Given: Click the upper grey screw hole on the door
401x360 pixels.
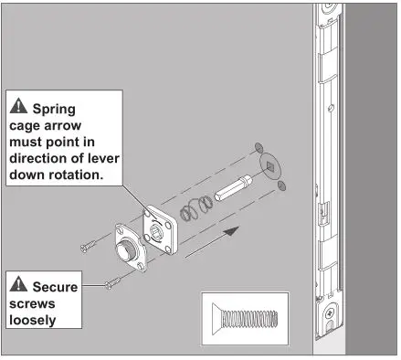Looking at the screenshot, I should click(259, 149).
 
